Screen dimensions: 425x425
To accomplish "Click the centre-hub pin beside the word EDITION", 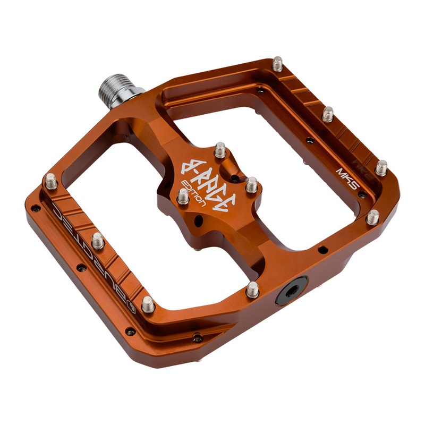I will pos(183,197).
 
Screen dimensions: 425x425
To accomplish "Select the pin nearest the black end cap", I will pos(253,290).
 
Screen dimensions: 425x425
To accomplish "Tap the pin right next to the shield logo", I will pos(148,304).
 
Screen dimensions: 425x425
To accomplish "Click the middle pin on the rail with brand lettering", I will pos(98,240).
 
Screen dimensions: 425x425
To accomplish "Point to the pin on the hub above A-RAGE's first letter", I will pos(219,151).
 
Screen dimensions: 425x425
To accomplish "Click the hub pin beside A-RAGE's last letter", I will pos(251,185).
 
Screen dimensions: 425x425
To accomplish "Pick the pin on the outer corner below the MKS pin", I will pos(373,217).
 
